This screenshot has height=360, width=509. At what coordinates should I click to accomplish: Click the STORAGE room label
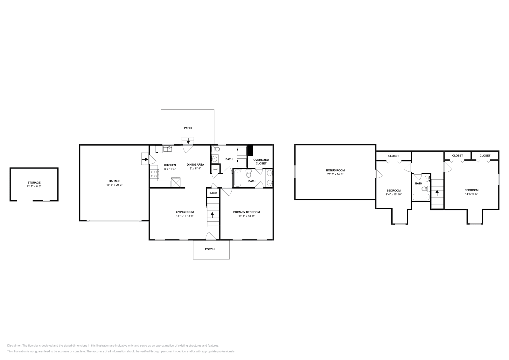34,183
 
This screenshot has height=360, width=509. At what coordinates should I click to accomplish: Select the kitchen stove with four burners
154,174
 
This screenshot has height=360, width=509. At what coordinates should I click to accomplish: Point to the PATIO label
188,128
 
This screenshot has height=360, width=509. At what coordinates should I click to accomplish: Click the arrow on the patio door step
188,140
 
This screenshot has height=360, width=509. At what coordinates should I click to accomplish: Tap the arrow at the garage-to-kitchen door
145,159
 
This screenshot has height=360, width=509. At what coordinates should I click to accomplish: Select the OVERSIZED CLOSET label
261,162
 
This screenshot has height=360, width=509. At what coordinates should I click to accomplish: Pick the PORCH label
210,249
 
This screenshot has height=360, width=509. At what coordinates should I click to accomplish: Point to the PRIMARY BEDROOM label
246,212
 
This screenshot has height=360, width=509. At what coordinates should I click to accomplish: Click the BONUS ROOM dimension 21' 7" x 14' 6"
335,174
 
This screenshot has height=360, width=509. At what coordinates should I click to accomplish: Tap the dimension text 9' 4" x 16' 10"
393,194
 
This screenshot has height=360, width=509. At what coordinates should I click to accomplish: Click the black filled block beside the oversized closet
250,150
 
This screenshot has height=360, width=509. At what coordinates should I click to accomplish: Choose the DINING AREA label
195,164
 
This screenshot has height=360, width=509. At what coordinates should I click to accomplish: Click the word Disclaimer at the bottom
14,345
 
